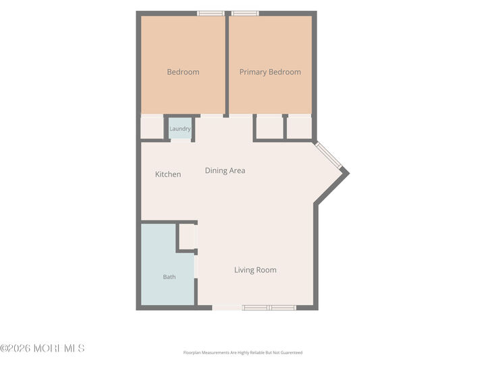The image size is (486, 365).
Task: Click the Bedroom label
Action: (183, 72)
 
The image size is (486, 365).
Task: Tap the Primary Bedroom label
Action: (270, 72)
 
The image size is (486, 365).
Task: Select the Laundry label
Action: (180, 128)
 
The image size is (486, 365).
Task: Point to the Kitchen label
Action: (168, 174)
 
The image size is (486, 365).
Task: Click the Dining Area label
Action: (225, 170)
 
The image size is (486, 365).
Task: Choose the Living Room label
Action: (255, 270)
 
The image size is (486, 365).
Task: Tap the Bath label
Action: (169, 277)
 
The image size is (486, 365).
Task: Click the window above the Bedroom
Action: (211, 14)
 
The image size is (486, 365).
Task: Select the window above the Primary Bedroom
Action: (245, 14)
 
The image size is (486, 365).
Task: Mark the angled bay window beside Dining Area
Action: (328, 155)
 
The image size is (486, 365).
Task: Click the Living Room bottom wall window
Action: (269, 308)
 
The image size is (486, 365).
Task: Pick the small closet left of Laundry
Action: (152, 128)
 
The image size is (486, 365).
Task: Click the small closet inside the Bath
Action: (187, 237)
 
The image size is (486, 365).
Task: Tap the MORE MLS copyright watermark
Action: (42, 348)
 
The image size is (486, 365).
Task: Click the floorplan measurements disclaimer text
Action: (243, 353)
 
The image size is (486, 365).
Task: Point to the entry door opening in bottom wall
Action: (227, 308)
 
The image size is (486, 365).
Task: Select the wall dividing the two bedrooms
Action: (227, 64)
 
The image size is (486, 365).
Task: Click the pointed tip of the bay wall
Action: (350, 174)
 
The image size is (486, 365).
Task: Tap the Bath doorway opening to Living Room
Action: (196, 266)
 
